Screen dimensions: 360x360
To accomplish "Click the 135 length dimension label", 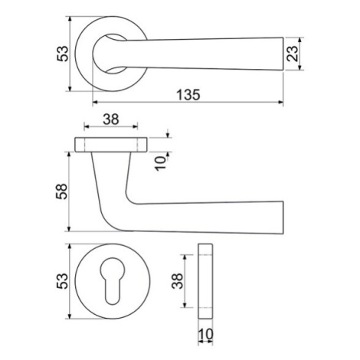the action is (x=188, y=95).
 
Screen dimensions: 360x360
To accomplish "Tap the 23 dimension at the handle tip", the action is (x=293, y=54).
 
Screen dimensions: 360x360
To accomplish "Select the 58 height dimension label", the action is (x=62, y=191).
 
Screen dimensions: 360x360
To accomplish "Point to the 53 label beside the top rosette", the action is (x=63, y=54).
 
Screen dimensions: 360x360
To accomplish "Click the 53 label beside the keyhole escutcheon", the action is (x=63, y=281).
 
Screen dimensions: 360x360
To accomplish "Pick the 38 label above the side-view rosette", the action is (x=111, y=119).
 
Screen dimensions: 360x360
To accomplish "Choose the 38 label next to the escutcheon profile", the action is (x=177, y=281).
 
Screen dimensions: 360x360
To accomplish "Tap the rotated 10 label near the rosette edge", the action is (x=160, y=163).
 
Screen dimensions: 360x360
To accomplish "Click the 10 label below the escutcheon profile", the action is (x=205, y=334).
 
